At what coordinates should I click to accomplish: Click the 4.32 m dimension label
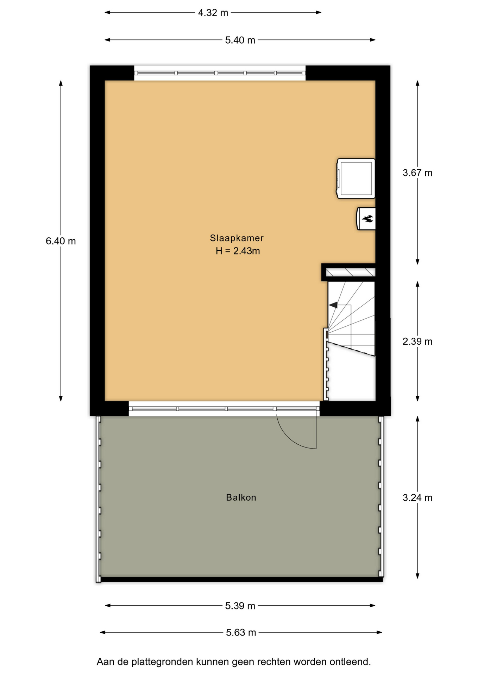pos(213,13)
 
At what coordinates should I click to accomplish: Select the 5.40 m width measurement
pos(240,40)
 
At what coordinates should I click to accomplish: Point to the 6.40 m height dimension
pos(61,241)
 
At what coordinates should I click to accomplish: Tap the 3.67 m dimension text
pos(417,173)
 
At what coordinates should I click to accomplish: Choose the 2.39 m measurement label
pos(417,342)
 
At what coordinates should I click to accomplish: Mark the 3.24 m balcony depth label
pos(417,497)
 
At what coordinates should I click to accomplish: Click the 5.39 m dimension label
pos(240,606)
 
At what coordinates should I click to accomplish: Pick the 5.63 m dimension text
pos(241,633)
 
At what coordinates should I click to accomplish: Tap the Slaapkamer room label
pos(237,238)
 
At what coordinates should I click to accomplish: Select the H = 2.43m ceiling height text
pos(238,251)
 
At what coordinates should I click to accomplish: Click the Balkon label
pos(241,497)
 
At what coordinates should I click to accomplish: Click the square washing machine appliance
pos(356,179)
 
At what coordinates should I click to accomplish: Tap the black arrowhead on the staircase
pos(333,305)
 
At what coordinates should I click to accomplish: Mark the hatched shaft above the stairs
pos(351,273)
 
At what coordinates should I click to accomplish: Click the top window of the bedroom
pos(220,73)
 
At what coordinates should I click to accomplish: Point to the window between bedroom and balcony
pos(224,409)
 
